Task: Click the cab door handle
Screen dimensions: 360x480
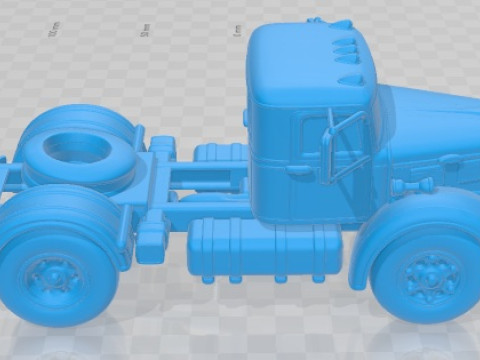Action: coord(299,170)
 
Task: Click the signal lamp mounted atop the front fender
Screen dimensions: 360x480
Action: coord(410,185)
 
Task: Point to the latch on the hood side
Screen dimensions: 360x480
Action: coord(449,160)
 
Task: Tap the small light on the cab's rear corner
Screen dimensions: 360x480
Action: coord(245,117)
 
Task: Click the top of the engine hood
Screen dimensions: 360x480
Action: coord(430,100)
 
